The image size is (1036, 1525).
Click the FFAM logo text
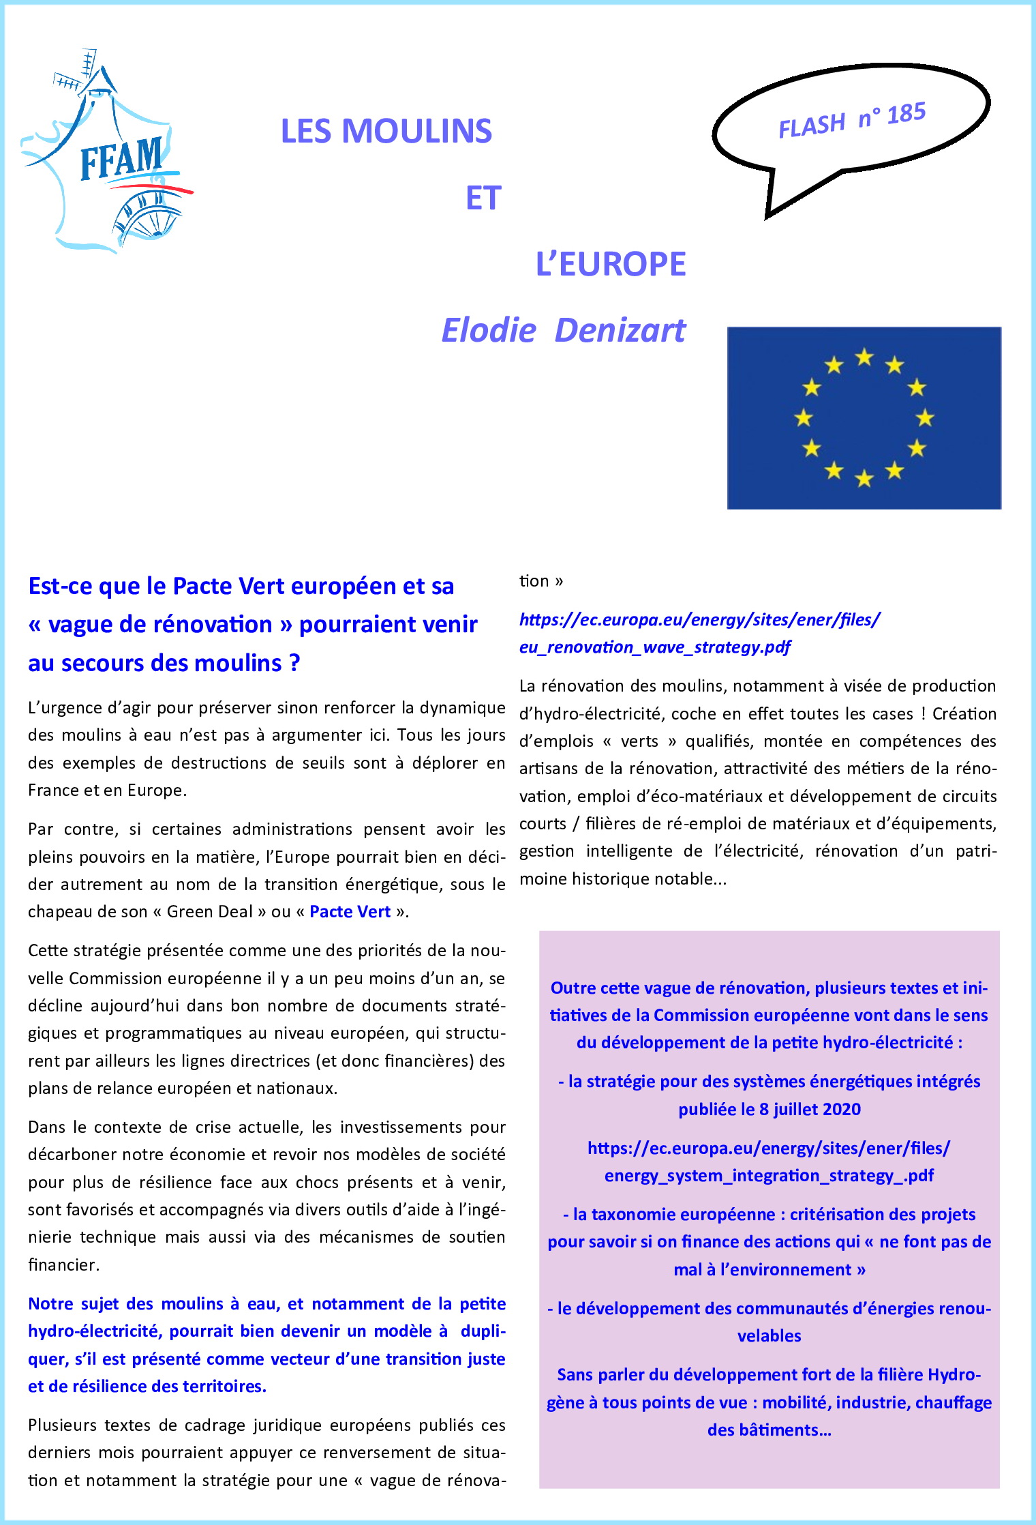(121, 159)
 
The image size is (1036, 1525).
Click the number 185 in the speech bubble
(906, 113)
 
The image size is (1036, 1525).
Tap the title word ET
(483, 198)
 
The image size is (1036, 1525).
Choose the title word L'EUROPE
(611, 264)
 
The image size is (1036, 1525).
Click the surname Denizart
(620, 330)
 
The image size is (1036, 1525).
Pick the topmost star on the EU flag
(864, 357)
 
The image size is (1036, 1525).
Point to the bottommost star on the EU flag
(864, 478)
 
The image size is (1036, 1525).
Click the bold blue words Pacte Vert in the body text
(350, 912)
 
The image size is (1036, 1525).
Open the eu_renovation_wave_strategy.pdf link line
(654, 647)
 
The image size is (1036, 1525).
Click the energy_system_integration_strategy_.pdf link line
(769, 1175)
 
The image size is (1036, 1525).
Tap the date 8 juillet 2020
(810, 1109)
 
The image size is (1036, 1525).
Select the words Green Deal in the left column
(209, 912)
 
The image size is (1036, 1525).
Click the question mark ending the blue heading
(294, 663)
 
